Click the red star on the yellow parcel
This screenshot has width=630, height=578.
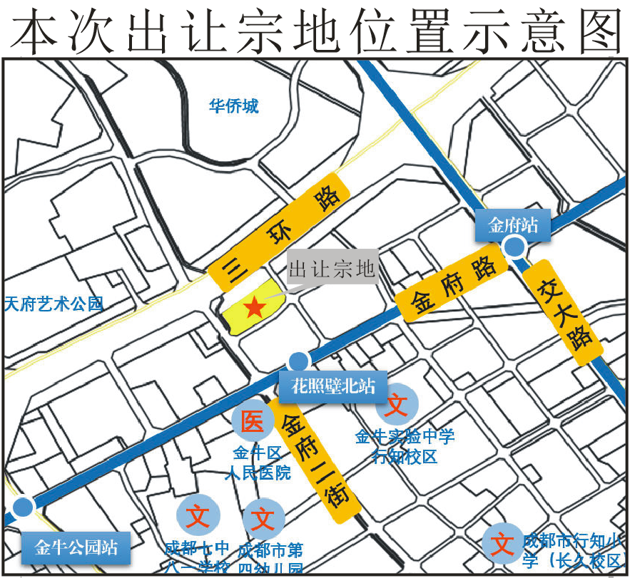click(255, 307)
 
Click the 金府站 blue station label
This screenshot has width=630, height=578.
click(513, 226)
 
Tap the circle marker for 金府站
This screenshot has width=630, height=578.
click(514, 247)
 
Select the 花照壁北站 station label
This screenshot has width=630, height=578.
click(332, 387)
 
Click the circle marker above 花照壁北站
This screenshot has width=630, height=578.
click(299, 361)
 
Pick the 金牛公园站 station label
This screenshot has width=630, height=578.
click(76, 548)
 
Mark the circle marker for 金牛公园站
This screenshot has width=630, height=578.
click(24, 507)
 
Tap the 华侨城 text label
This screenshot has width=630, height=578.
click(233, 107)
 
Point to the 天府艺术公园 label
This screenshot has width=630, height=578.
click(54, 304)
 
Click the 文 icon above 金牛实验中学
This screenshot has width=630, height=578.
click(397, 406)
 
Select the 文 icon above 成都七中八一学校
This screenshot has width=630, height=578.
click(197, 515)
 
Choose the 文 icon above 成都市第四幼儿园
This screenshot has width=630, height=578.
click(263, 518)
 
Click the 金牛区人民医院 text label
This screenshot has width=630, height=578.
click(258, 463)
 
